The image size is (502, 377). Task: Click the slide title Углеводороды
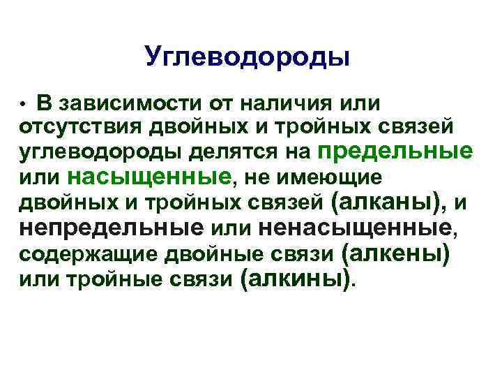(x=248, y=58)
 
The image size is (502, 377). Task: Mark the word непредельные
(x=112, y=227)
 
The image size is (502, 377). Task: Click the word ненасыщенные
(x=355, y=227)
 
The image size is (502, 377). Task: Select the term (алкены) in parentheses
(x=395, y=251)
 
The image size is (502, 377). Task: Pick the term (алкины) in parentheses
(x=296, y=277)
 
